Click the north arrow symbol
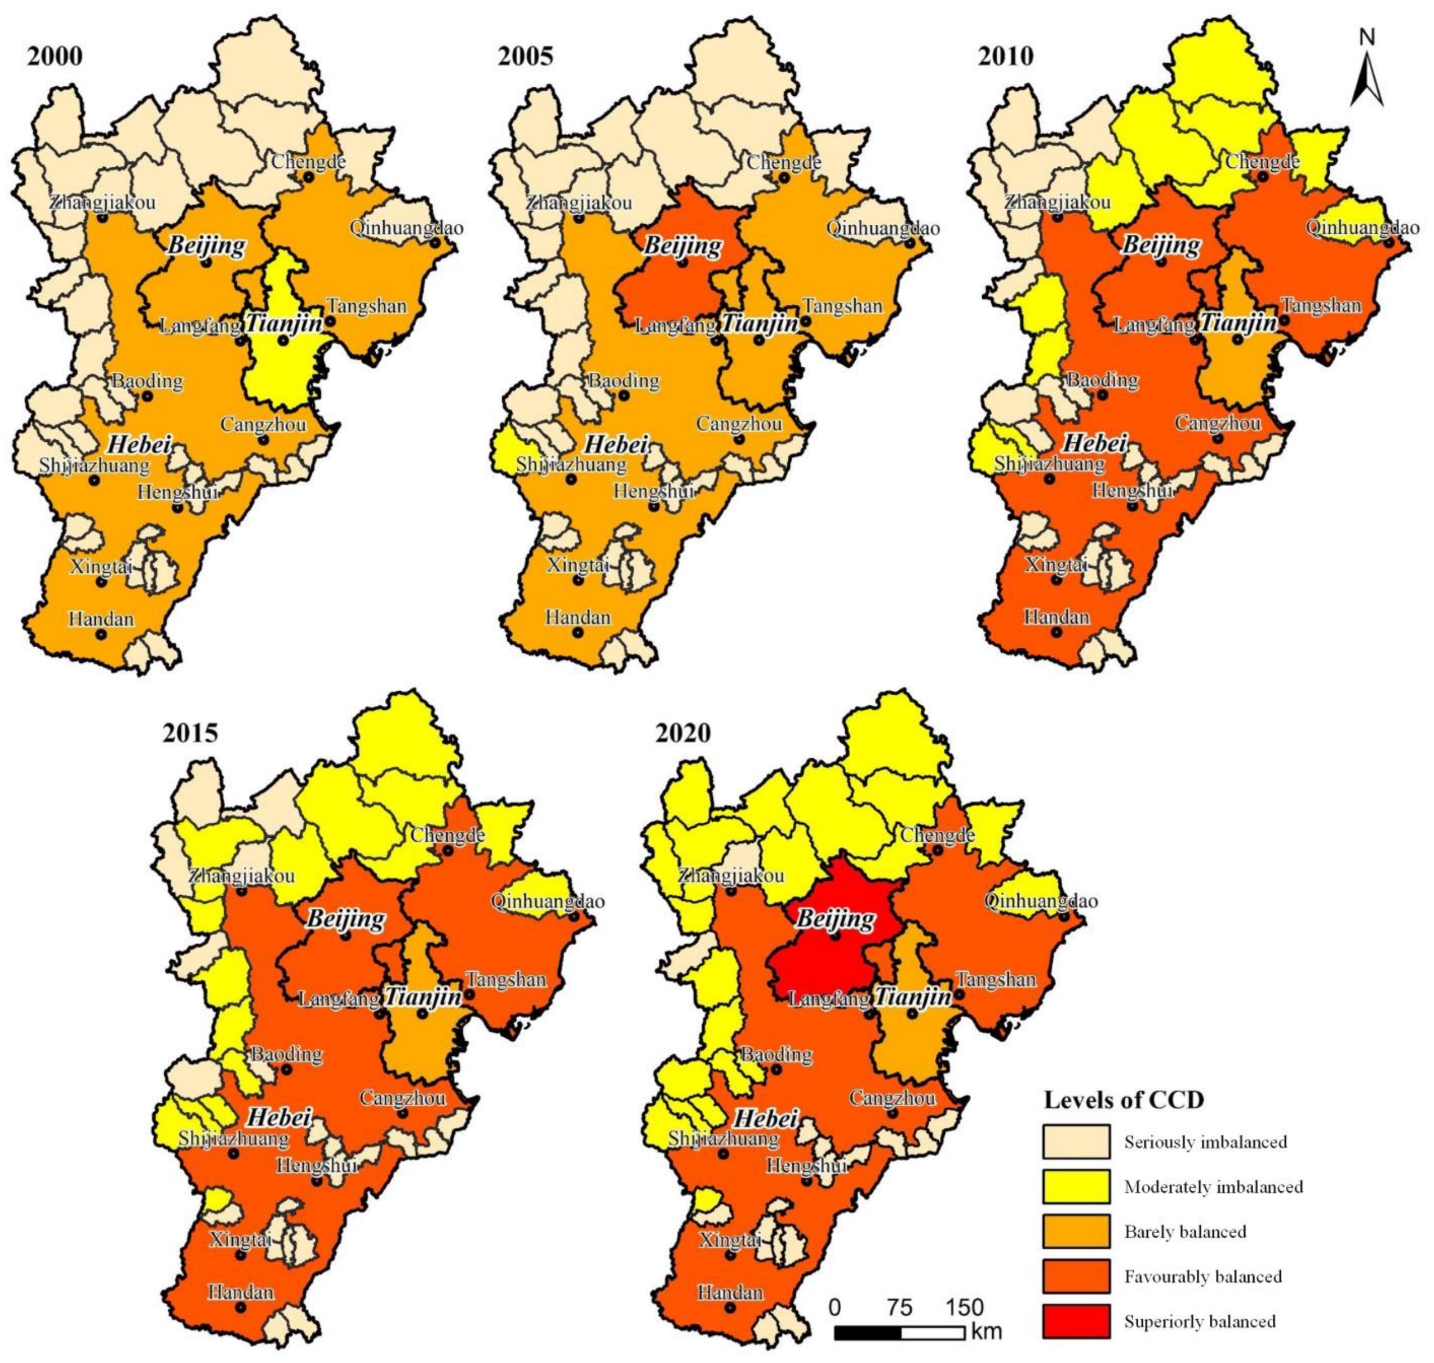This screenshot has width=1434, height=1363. tap(1367, 73)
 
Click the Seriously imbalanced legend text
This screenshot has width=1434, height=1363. tap(1205, 1142)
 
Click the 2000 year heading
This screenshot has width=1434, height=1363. tap(55, 56)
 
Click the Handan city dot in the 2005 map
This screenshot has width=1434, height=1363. tap(578, 632)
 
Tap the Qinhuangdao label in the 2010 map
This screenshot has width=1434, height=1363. tap(1362, 228)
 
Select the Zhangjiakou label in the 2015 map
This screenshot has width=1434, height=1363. tap(242, 876)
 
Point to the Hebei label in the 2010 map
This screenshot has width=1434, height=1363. tap(1095, 443)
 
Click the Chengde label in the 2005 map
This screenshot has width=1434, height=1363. tap(784, 162)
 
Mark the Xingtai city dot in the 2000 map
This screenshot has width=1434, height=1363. tap(101, 581)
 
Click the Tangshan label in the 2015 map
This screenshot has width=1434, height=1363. tap(507, 979)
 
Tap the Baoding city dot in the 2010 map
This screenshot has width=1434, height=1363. tap(1102, 395)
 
